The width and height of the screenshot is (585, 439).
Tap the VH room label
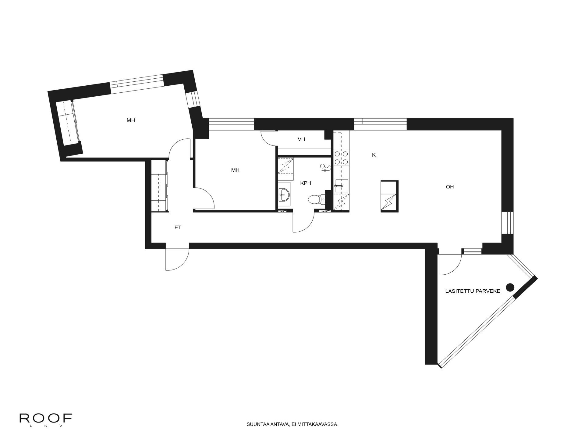coord(301,139)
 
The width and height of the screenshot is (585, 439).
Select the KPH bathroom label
coord(305,183)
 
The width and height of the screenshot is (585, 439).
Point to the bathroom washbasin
coord(284,194)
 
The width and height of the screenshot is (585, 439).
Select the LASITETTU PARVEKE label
coord(473,291)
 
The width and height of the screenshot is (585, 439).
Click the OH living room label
coord(450,187)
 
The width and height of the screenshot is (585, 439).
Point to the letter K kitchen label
coord(374,155)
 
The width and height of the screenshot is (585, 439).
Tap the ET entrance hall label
coord(178,227)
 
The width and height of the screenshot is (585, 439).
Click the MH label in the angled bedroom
coord(131,120)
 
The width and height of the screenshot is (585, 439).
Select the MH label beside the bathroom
coord(235,170)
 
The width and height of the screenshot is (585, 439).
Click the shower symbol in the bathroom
coord(325,168)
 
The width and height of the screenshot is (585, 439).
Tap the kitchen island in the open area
coord(389,196)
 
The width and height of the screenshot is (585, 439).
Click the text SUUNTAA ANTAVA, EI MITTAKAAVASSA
coord(292,424)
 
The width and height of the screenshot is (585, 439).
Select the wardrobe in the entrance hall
coord(160,186)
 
